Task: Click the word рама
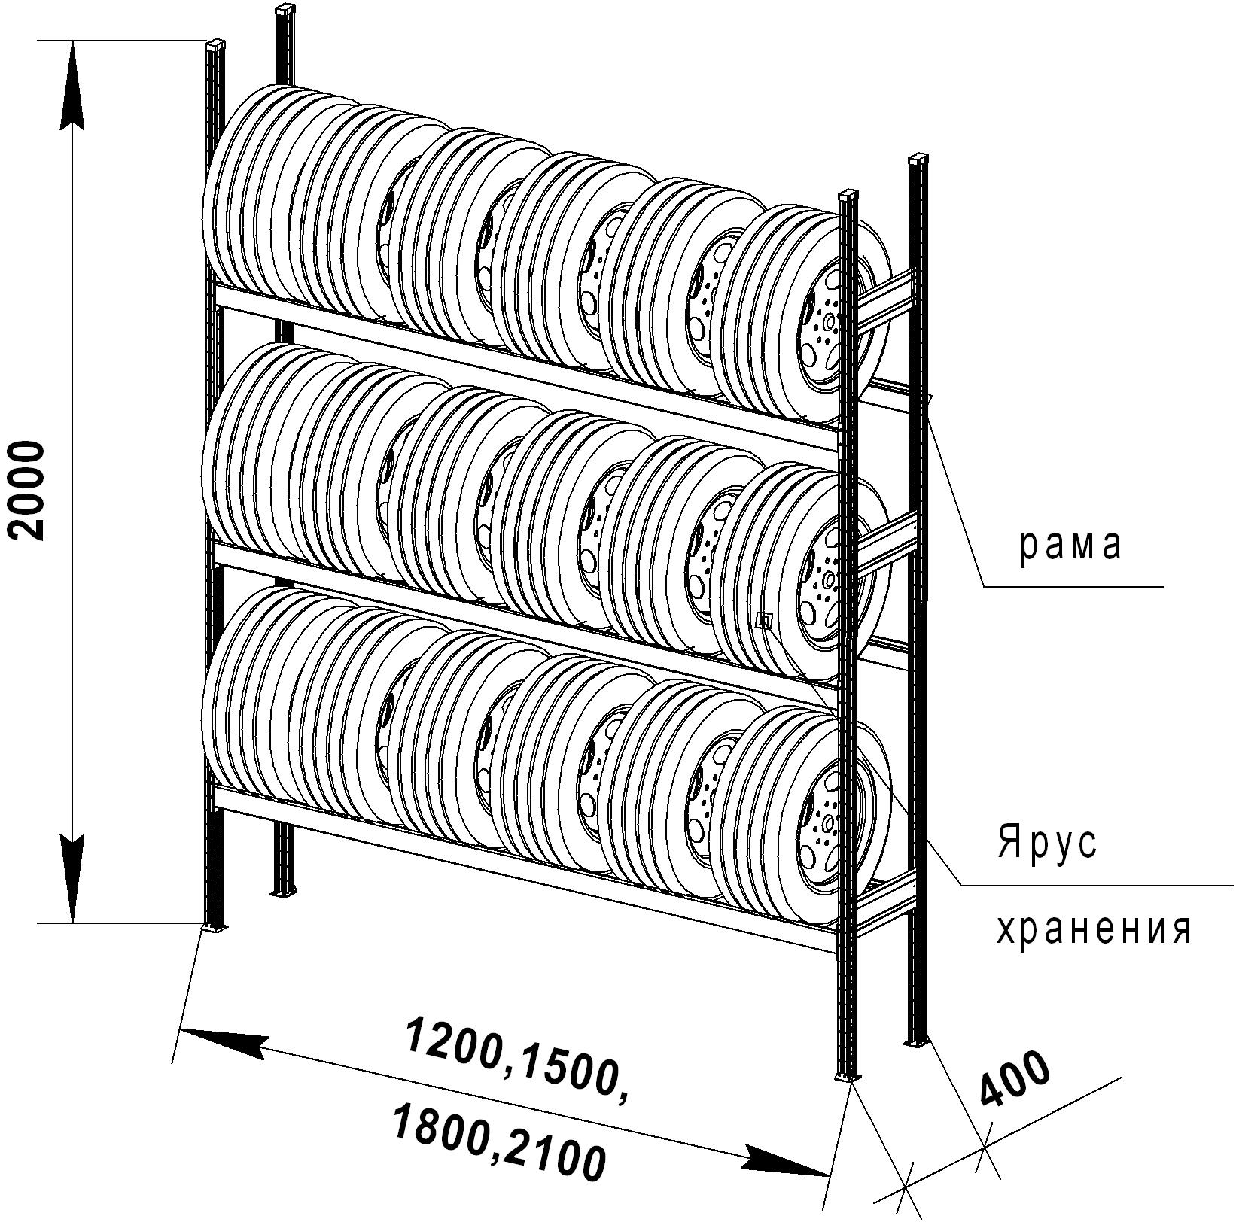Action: tap(1070, 546)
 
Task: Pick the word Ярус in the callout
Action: tap(1047, 843)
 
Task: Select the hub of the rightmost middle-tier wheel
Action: tap(829, 579)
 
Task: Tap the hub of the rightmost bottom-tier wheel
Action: tap(828, 820)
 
